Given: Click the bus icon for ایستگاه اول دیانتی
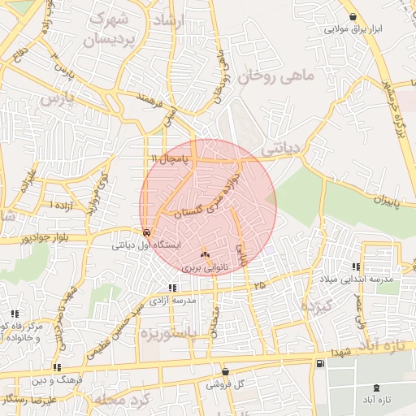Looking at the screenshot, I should [145, 232].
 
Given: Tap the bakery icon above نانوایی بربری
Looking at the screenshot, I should [204, 253].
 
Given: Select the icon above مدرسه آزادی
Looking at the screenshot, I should [171, 288].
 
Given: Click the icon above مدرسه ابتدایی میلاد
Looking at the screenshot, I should [356, 267].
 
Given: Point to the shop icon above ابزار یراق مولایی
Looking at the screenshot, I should [352, 17].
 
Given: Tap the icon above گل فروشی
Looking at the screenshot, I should [225, 371].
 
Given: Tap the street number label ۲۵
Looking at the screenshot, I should [259, 285].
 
